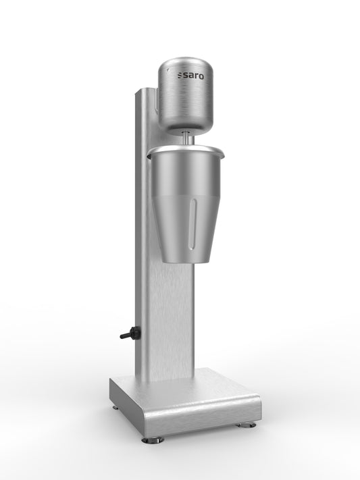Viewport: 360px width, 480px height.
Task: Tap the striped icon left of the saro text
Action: [180, 76]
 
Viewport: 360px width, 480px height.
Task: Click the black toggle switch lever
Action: [125, 335]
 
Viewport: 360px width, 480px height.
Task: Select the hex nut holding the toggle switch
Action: [134, 332]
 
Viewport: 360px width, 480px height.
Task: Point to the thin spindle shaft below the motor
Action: [186, 136]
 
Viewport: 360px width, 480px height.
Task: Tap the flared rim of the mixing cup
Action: [185, 149]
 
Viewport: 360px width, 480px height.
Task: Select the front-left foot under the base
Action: [153, 439]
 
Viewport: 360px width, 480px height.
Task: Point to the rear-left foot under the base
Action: [115, 407]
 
